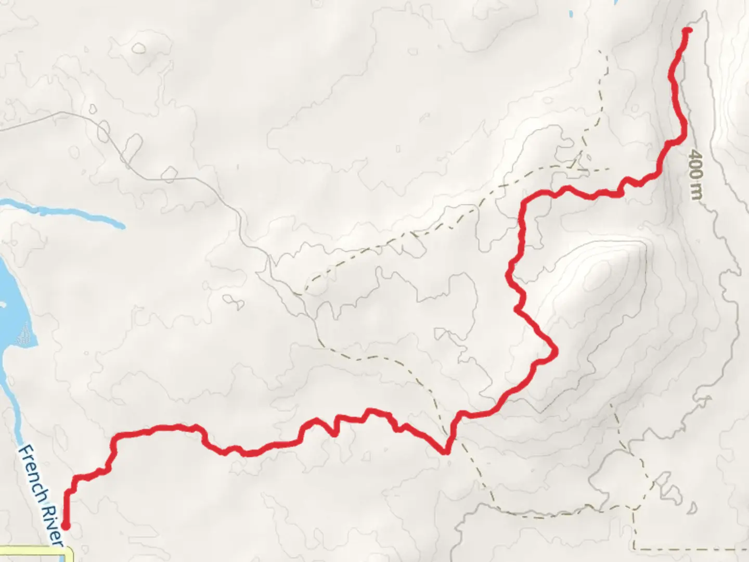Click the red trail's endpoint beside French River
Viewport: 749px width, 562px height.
[x=66, y=526]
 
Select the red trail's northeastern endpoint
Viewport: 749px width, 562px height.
[x=688, y=30]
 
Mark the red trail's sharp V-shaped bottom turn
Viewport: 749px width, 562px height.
[x=446, y=452]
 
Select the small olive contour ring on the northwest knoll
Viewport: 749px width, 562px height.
[x=139, y=48]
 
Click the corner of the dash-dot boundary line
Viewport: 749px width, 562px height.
[x=634, y=548]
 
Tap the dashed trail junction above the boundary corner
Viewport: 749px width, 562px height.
[x=635, y=507]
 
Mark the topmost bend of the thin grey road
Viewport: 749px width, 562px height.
[x=62, y=112]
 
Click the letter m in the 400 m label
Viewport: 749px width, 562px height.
[x=696, y=193]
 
